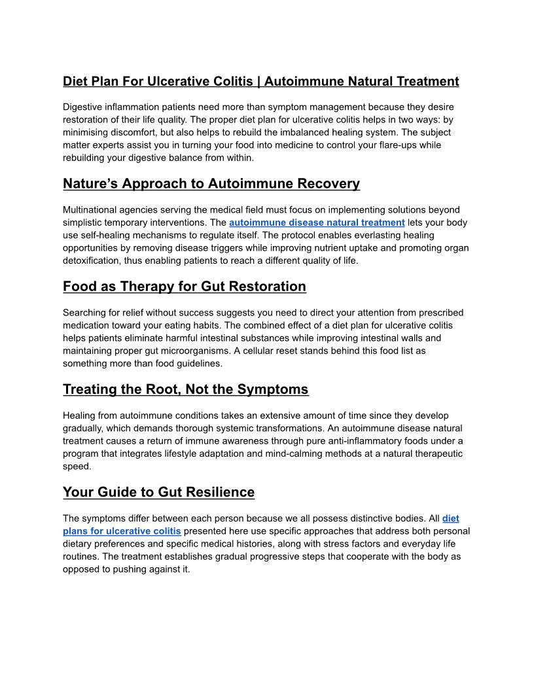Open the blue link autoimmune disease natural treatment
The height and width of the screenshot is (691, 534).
(x=317, y=222)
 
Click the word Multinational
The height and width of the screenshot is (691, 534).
(x=91, y=210)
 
